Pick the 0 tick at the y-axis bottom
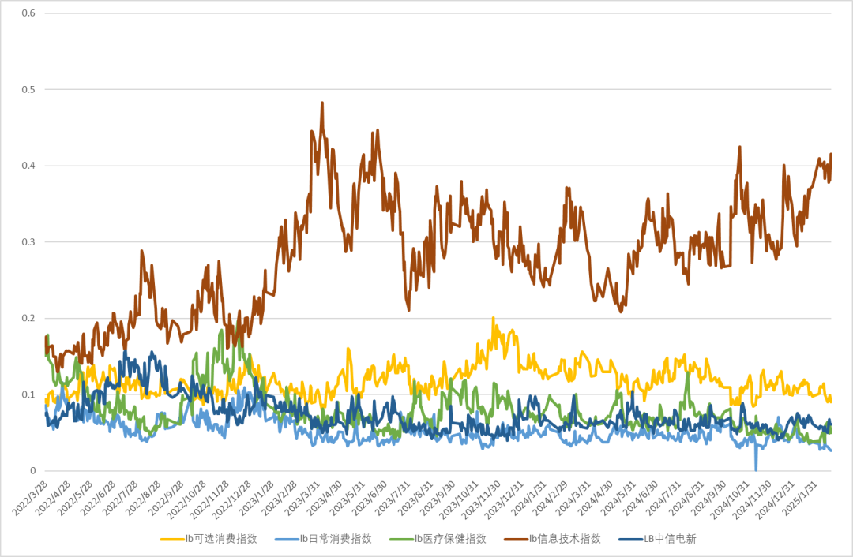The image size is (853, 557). [33, 471]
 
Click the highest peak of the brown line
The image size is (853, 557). [322, 102]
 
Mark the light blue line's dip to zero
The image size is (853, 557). [756, 469]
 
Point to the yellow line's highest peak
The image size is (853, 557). [493, 318]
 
